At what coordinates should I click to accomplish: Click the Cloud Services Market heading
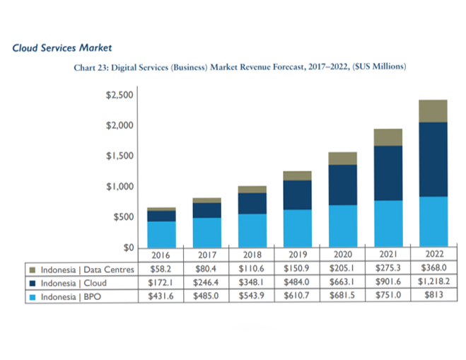coord(62,48)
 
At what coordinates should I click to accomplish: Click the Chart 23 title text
coord(240,67)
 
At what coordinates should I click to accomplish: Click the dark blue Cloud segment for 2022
coord(432,159)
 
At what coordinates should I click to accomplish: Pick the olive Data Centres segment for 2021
coord(388,137)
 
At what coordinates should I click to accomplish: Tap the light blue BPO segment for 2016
coord(161,233)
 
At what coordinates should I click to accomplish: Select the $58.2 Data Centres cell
coord(162,269)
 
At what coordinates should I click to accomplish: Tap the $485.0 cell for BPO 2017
coord(206,296)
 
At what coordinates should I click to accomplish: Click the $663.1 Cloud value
coord(342,282)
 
